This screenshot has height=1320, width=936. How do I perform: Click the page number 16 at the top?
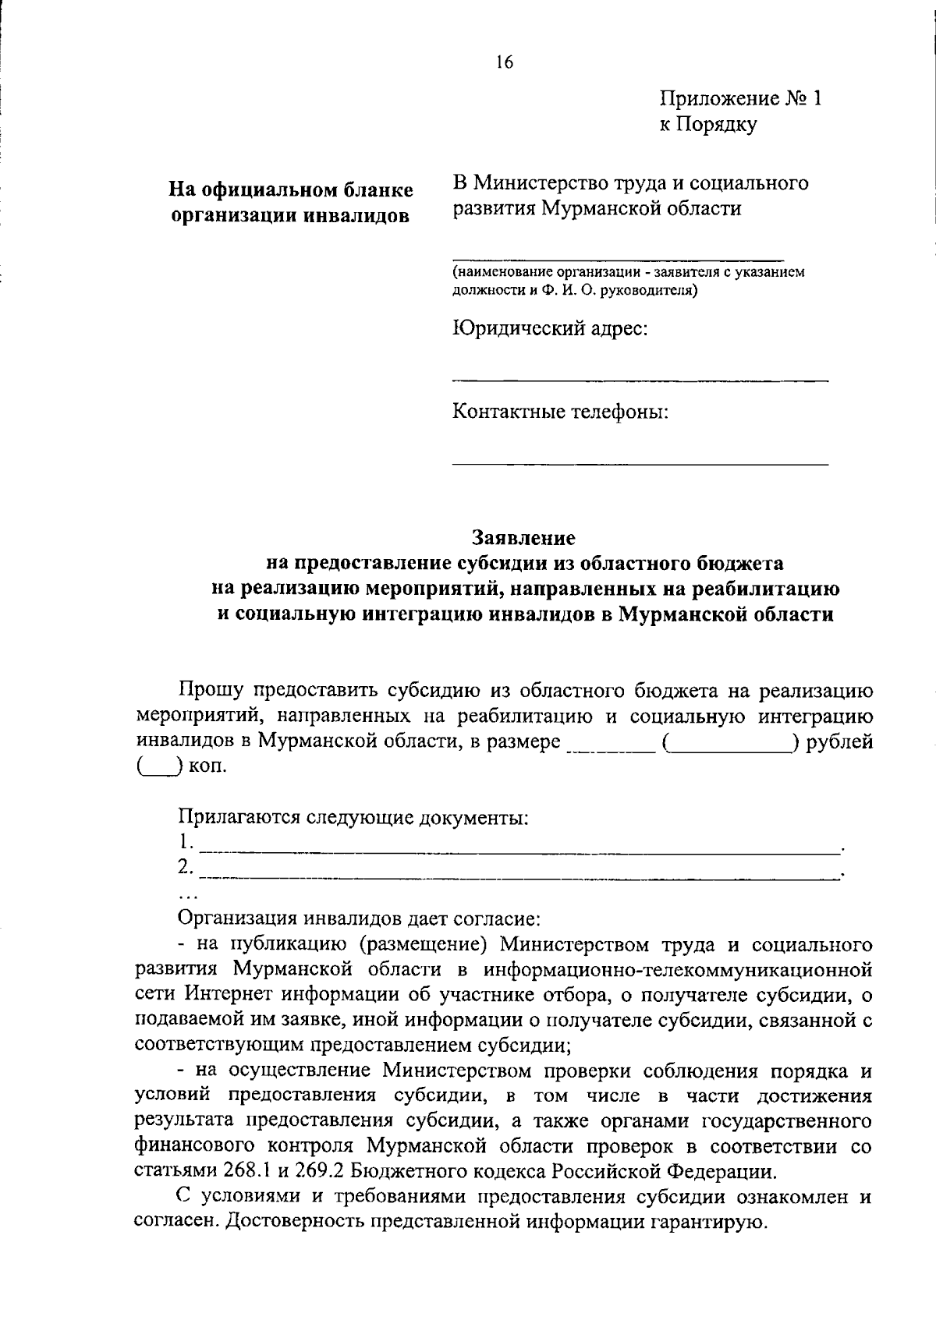point(505,63)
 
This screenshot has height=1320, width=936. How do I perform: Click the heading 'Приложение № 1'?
point(740,99)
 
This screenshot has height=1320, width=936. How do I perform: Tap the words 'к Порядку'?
point(708,124)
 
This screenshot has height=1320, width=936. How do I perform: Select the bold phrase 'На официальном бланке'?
point(292,190)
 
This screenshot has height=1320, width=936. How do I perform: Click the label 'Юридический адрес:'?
point(551,328)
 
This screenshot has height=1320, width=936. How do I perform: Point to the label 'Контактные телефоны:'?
point(561,411)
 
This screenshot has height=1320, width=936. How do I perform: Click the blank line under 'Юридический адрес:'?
point(640,380)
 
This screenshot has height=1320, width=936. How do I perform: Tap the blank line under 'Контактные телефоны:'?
point(640,463)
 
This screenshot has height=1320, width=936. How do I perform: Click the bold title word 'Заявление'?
point(523,538)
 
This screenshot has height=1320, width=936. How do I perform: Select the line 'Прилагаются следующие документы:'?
point(353,817)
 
